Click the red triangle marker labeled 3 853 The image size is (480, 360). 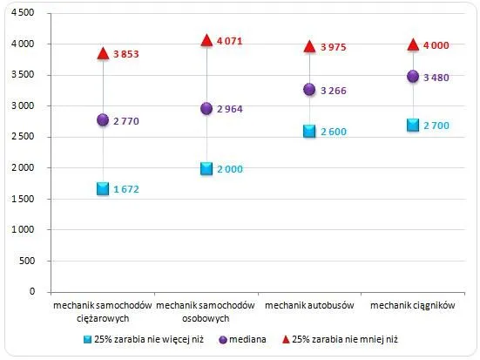point(103,53)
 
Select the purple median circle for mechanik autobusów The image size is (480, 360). point(309,89)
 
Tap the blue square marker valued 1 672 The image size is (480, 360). point(103,188)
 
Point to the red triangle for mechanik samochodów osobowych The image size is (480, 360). point(206,40)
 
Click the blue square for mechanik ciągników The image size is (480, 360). point(413,125)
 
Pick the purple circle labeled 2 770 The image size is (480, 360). point(103,119)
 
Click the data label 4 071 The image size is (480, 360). point(233,40)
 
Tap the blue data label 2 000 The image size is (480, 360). point(233,168)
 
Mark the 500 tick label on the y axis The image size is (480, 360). point(26,261)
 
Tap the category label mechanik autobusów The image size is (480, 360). point(309,306)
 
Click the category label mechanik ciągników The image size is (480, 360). point(413,306)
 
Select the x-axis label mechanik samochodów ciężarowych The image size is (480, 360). point(103,312)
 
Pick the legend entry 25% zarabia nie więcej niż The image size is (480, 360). point(139,339)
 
